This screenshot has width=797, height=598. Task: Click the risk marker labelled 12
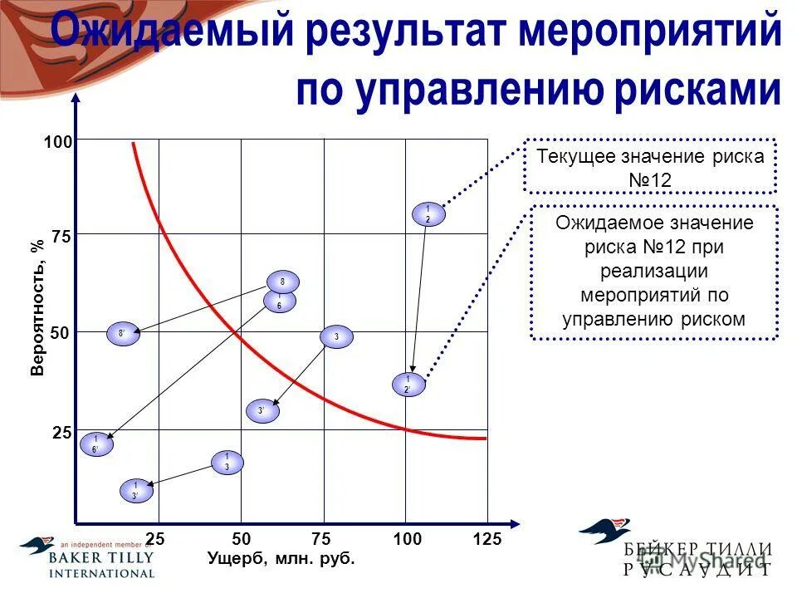tap(428, 214)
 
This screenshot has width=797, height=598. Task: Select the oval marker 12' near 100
tap(408, 385)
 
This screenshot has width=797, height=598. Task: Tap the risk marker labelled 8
tap(282, 282)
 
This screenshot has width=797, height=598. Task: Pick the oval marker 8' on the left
tap(123, 334)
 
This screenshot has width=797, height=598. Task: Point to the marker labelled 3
tap(336, 336)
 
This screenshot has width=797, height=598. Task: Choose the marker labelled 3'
tap(262, 410)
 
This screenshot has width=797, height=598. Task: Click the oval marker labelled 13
tap(227, 463)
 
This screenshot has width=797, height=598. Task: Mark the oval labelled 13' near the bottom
tap(136, 491)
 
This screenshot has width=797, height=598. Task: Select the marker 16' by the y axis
tap(95, 444)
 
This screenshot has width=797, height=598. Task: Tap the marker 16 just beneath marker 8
tap(280, 301)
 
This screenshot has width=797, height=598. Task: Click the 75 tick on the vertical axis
tap(60, 237)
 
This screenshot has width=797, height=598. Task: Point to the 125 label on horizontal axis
tap(487, 540)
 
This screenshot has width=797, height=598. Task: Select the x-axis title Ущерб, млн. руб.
tap(281, 559)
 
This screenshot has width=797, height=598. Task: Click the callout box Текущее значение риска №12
tap(650, 168)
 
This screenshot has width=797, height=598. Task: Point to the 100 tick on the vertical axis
tap(58, 143)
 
